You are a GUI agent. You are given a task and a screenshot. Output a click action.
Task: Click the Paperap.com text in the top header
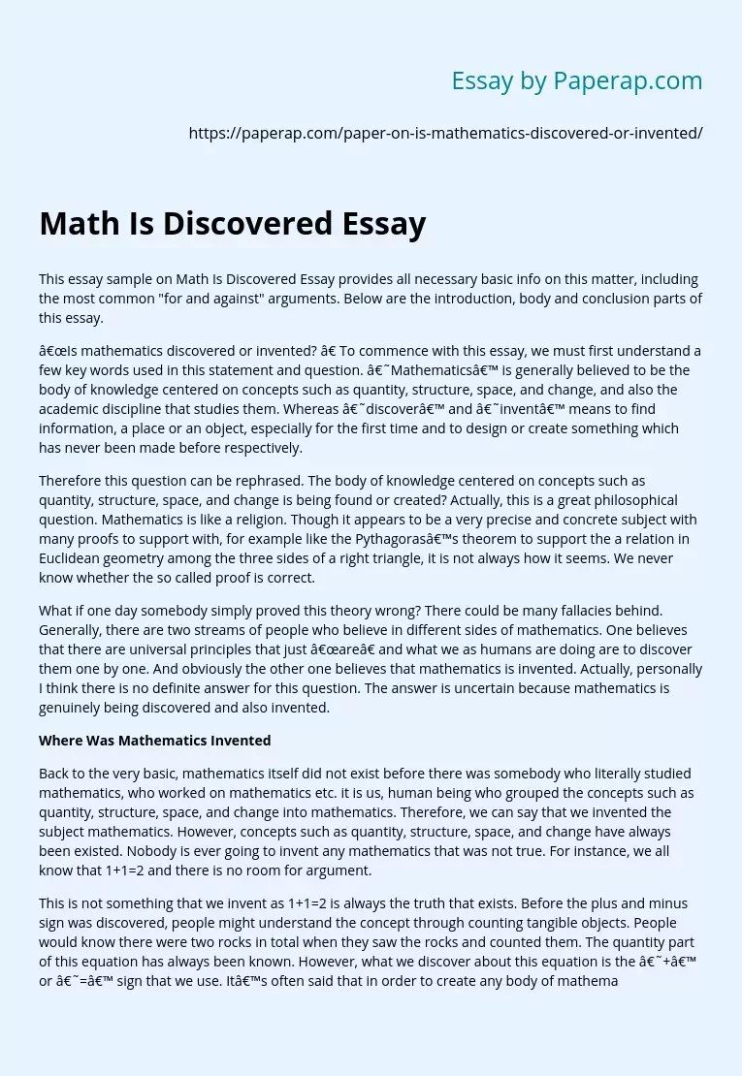pos(628,81)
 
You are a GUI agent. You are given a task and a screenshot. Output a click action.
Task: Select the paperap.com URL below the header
pos(445,134)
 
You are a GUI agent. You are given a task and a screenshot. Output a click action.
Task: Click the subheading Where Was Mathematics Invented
pos(154,741)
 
